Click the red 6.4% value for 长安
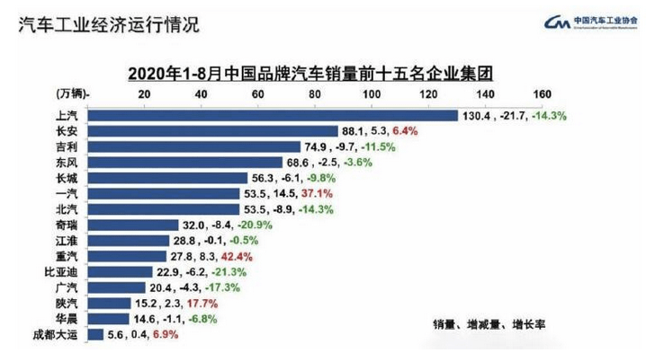pyautogui.click(x=397, y=131)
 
